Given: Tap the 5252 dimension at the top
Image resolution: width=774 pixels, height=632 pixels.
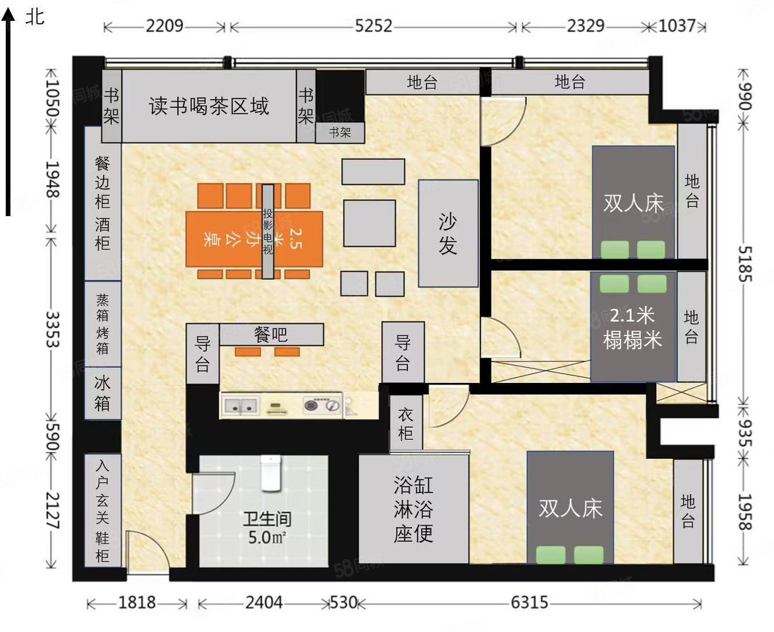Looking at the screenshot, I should tap(373, 27).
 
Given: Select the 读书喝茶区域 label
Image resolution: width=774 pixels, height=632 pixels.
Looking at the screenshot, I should tap(209, 106).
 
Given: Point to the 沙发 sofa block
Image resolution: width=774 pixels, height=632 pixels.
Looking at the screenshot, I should tap(448, 233).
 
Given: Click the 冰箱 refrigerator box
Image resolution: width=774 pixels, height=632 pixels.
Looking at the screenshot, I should tap(102, 392).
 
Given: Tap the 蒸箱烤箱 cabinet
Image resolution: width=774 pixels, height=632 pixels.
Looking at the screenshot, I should tap(102, 324).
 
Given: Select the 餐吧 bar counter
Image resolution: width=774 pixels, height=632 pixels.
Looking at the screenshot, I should tap(271, 335).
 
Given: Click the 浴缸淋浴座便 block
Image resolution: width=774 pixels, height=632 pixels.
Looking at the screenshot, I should tap(413, 509).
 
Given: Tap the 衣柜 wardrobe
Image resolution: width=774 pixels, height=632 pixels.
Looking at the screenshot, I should tap(405, 423).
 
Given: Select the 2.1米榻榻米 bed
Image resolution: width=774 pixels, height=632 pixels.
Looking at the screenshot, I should tap(632, 327).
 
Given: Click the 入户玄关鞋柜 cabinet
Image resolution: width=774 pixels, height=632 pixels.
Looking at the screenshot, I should tap(102, 511).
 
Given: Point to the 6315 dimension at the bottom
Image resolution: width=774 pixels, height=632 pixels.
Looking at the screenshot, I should tap(529, 602).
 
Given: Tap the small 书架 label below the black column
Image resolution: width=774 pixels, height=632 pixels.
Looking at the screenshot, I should tap(340, 133).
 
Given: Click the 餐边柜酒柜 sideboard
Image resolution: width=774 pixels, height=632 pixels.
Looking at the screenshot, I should tap(102, 203).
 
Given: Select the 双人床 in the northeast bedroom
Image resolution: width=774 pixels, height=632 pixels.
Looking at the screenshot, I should tap(633, 203).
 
